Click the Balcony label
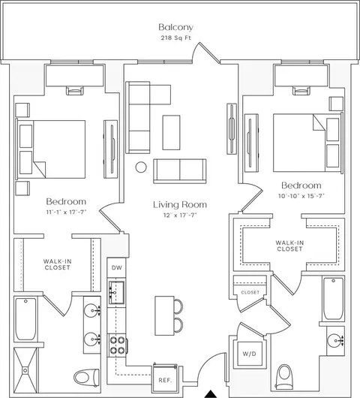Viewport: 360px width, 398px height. coord(175,27)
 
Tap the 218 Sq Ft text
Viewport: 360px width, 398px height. coord(175,38)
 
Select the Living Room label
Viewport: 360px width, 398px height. coord(180,204)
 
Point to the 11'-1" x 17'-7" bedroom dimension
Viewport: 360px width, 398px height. coord(67,213)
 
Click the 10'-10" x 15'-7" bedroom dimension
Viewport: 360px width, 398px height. coord(301,196)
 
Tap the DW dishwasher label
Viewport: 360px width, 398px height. coord(116,267)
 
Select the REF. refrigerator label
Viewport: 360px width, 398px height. coord(165,380)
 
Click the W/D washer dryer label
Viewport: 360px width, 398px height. coord(250,354)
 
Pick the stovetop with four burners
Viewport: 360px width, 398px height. coord(118,345)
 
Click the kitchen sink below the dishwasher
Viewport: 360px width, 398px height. coord(116,292)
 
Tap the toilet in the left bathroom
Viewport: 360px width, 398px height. coord(87,377)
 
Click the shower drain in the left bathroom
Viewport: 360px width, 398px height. coord(25,370)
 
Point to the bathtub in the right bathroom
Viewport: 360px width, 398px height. coord(334,299)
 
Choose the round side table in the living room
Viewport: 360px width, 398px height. coord(141,167)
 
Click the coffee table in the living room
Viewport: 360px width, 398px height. coord(172,132)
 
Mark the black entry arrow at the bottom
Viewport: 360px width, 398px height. coord(210,394)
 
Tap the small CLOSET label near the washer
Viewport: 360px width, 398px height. coord(250,292)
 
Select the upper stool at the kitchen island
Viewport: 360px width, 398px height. coord(178,306)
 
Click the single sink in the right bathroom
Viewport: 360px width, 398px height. coord(335,341)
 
